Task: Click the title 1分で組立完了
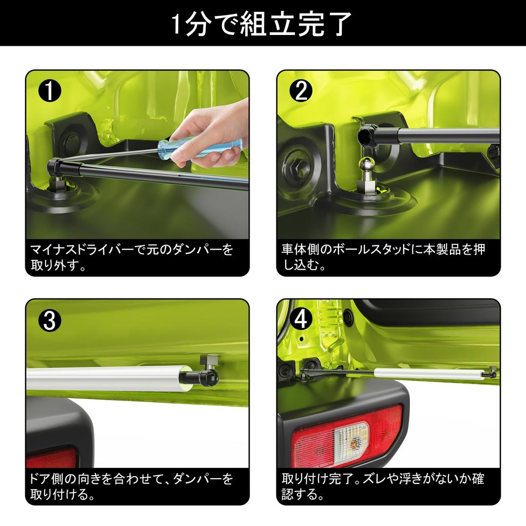point(262,24)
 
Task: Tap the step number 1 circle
point(50,90)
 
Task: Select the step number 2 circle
point(301,90)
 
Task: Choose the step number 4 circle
point(301,320)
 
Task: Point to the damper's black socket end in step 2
point(367,135)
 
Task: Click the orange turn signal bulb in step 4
point(353,443)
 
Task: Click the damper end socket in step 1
point(54,166)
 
